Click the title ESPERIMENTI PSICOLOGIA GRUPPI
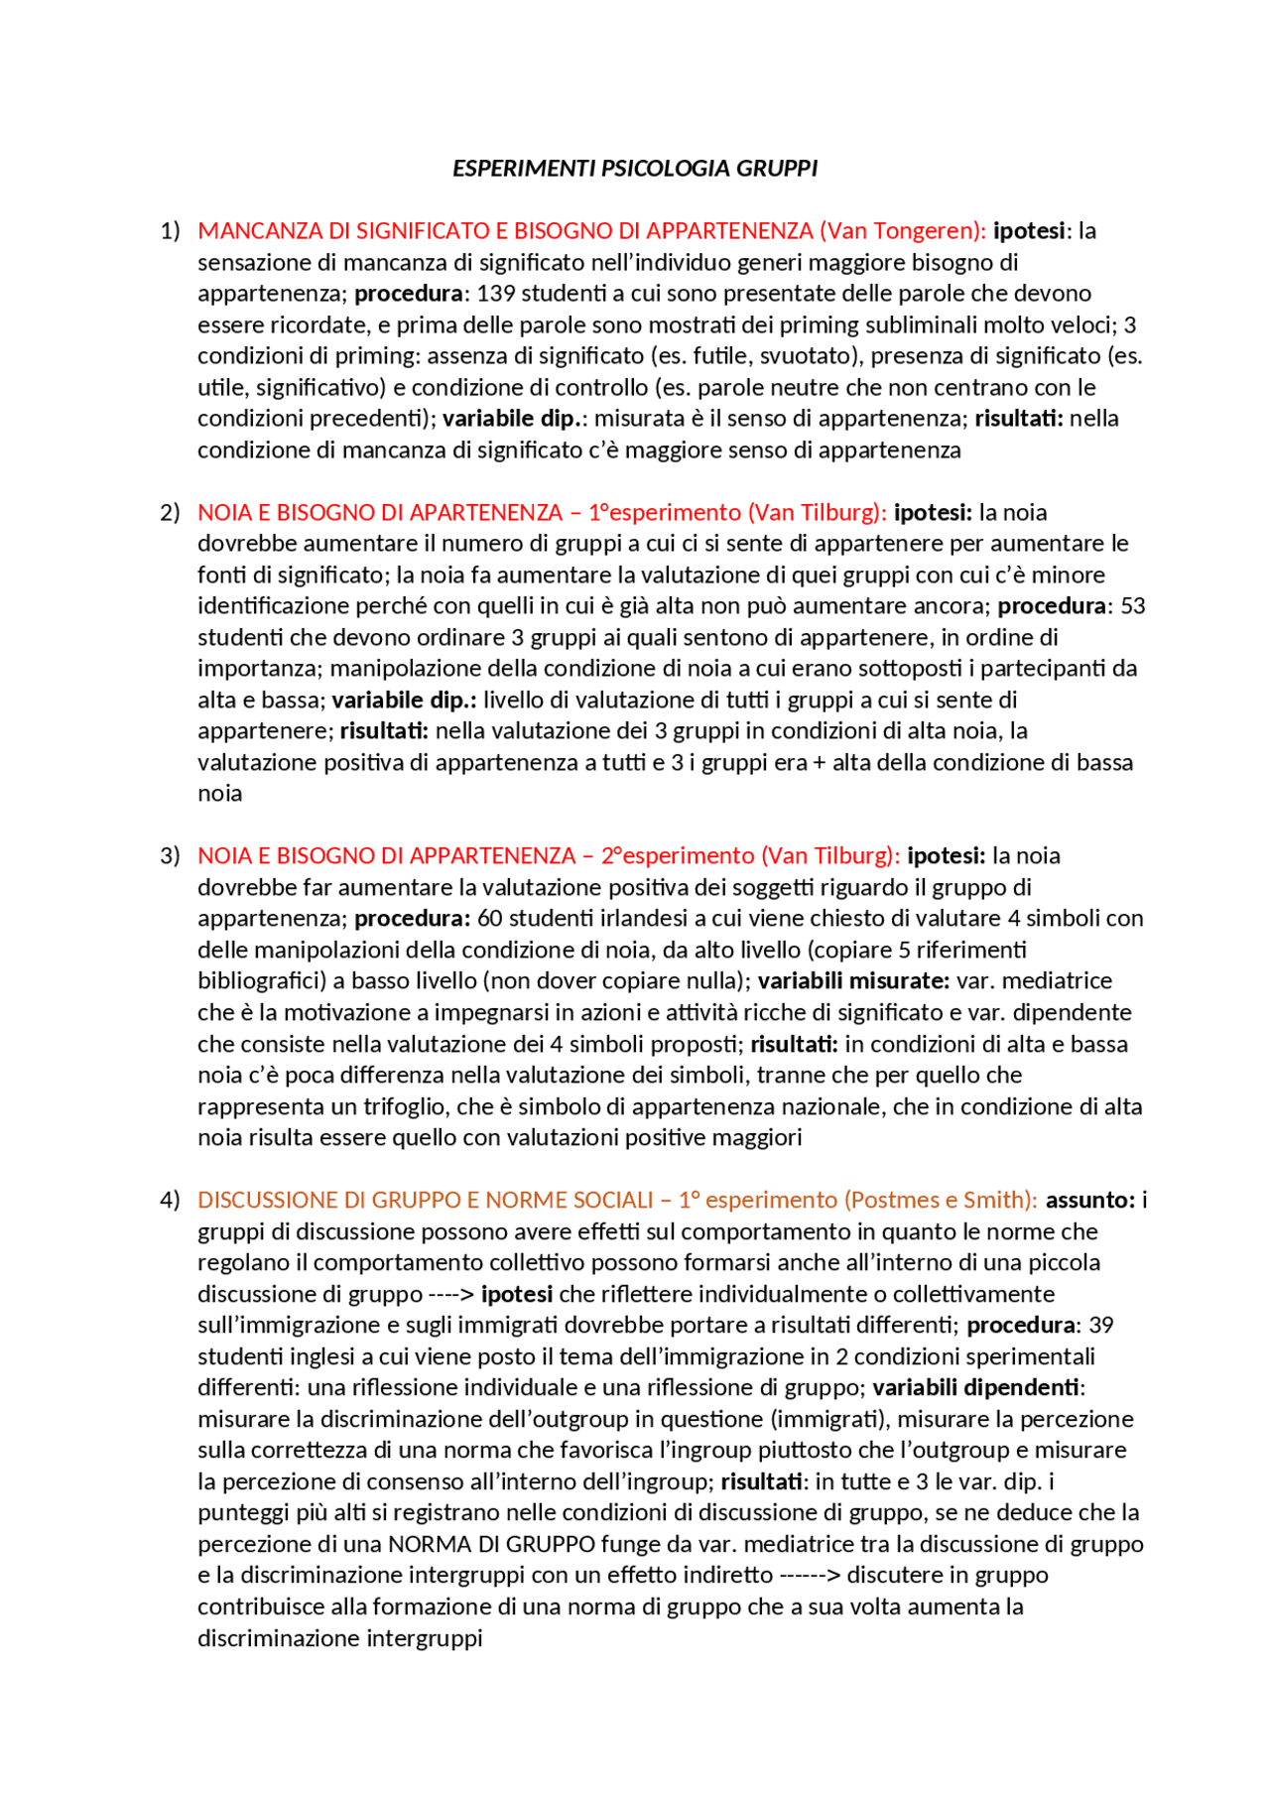point(635,168)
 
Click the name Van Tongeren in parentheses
point(902,230)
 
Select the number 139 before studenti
point(496,293)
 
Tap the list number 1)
point(170,230)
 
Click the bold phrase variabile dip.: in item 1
point(515,418)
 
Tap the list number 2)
point(170,512)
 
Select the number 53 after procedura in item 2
point(1132,605)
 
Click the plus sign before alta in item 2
point(819,762)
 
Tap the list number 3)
point(170,855)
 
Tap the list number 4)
point(170,1200)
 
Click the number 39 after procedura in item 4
point(1101,1325)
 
